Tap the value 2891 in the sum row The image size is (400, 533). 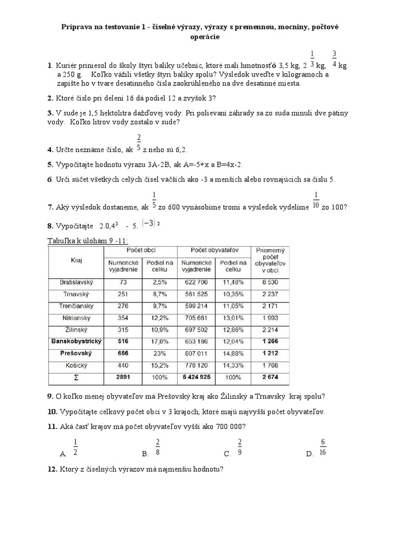123,376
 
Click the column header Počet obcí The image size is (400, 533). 141,251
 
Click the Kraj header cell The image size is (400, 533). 77,259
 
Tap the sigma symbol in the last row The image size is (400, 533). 77,376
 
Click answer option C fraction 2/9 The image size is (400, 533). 240,447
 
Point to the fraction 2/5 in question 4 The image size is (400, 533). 139,142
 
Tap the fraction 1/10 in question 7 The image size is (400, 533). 315,200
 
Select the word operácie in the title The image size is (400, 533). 199,36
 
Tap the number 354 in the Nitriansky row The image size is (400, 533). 123,317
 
